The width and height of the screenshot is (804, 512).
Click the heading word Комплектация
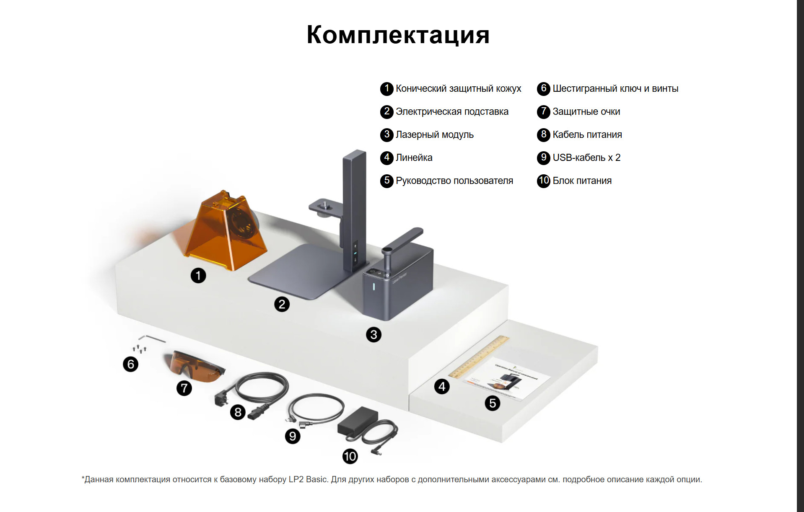point(398,34)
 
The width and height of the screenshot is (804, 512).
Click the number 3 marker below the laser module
point(373,335)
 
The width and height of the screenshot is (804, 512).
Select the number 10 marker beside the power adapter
point(350,456)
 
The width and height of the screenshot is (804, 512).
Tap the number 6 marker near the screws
point(130,364)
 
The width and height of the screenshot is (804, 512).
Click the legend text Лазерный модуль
point(434,134)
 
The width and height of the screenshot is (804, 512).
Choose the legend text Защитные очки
point(586,111)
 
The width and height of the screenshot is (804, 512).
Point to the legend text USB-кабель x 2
point(586,158)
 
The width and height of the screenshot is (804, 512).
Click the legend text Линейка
point(414,158)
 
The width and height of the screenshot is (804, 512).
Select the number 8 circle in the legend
point(543,134)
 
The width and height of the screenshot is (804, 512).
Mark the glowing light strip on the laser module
point(374,287)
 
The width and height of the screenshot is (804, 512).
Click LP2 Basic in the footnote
point(308,479)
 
